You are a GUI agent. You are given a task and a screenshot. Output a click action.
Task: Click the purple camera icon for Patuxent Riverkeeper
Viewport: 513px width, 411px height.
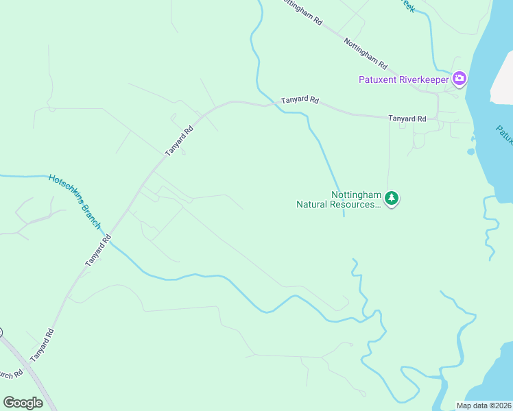(x=459, y=79)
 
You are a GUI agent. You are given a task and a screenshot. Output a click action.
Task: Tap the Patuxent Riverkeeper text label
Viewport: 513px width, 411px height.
(x=403, y=79)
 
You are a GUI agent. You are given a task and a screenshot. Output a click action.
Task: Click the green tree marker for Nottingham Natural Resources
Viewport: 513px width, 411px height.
(x=392, y=199)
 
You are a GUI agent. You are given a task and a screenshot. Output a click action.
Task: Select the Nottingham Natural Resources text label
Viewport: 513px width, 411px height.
(x=338, y=199)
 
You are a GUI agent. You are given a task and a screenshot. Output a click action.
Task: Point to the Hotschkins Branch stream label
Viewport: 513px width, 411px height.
(x=75, y=202)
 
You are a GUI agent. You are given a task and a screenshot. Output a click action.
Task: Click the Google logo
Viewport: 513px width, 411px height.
(x=23, y=402)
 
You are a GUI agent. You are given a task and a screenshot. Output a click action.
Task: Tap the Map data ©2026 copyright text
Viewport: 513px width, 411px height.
(x=484, y=406)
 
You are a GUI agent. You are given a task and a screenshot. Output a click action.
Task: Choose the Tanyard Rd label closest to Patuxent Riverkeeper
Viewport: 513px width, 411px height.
(x=407, y=119)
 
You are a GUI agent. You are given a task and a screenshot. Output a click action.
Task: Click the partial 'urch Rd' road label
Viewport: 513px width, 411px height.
(x=10, y=376)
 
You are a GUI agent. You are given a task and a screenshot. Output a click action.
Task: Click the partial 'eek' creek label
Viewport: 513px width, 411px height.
(x=407, y=5)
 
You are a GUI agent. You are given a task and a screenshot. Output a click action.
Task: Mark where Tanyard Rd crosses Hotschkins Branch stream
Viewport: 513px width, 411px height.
(x=109, y=240)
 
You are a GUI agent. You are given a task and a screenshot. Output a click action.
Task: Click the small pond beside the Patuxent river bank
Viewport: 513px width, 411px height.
(x=470, y=151)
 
